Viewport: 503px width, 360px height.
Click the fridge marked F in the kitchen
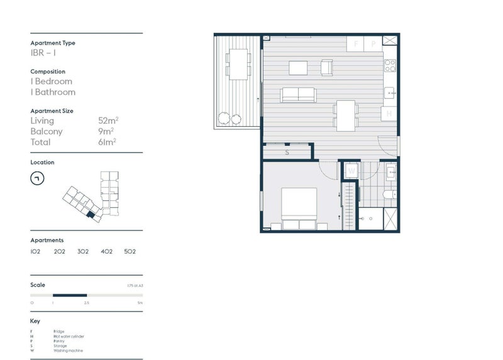356,44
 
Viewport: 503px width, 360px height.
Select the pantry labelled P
373,44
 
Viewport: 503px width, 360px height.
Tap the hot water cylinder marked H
389,114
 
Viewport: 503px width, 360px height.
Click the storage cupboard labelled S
287,152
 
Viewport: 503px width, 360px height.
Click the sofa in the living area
298,94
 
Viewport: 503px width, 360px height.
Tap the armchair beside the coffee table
326,67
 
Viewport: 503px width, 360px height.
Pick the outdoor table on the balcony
238,63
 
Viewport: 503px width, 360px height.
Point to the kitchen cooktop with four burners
390,65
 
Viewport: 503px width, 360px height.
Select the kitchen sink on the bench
390,93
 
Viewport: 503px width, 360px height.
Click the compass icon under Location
37,178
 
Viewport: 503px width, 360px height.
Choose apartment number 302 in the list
83,251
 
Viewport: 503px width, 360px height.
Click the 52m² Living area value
105,121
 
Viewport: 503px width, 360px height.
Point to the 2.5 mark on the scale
86,302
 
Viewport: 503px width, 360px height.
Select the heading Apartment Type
53,43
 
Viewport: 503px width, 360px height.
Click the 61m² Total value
105,142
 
